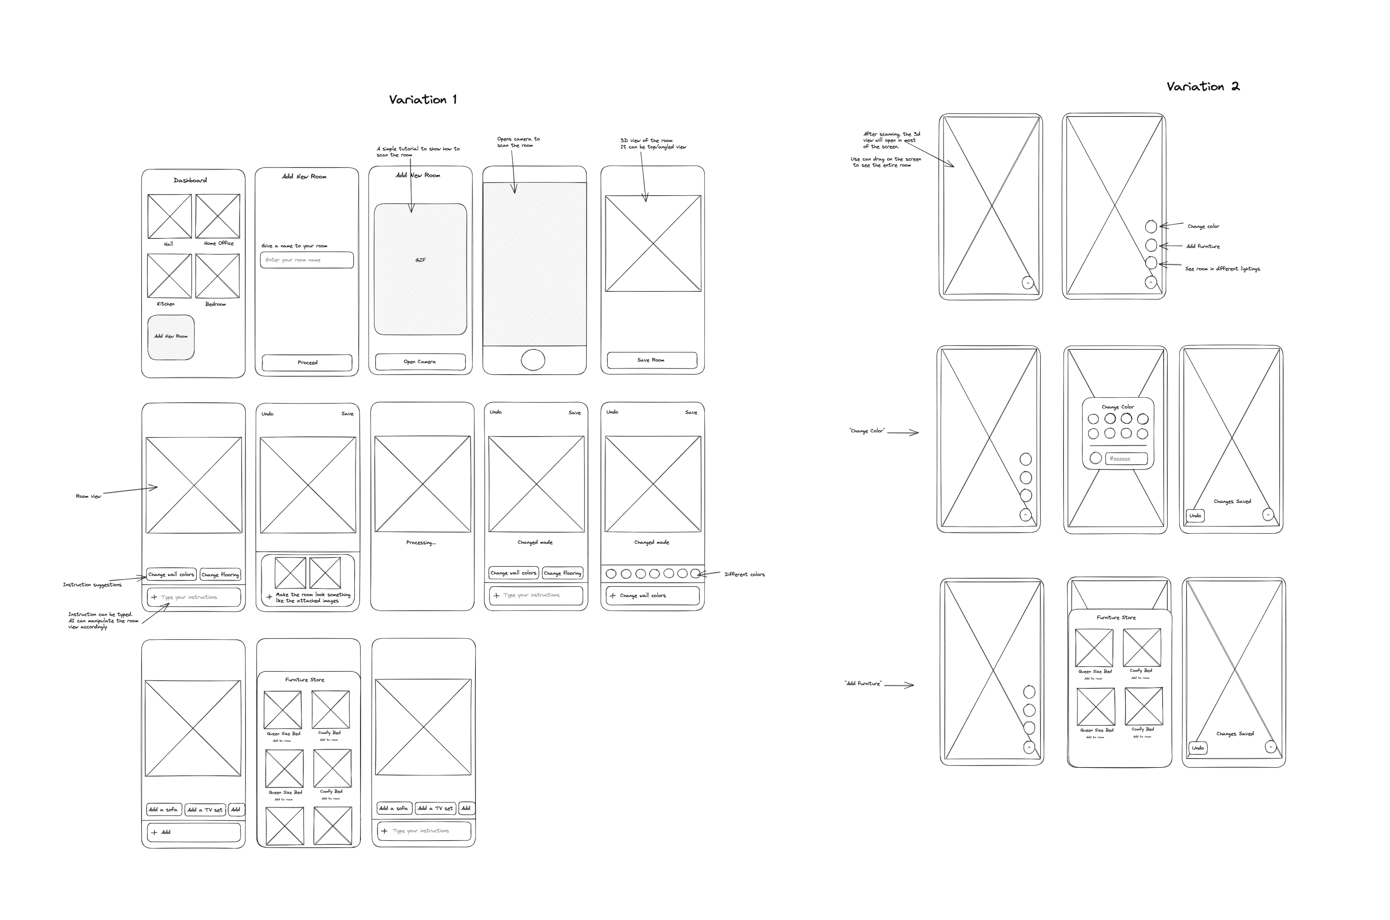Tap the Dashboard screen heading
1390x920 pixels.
tap(190, 180)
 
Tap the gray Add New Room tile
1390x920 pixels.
tap(171, 337)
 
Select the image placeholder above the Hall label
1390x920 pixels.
tap(169, 217)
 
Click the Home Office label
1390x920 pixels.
tap(219, 243)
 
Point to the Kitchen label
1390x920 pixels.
tap(166, 304)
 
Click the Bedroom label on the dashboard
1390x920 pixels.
tap(215, 304)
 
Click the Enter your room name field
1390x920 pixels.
tap(307, 260)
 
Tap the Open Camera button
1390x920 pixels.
tap(420, 361)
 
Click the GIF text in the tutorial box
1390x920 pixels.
tap(420, 260)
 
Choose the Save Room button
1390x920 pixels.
tap(651, 360)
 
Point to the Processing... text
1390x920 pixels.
tap(421, 543)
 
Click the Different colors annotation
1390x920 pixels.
tap(745, 574)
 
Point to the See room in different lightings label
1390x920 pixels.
tap(1222, 269)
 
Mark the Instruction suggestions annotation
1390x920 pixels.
tap(92, 585)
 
